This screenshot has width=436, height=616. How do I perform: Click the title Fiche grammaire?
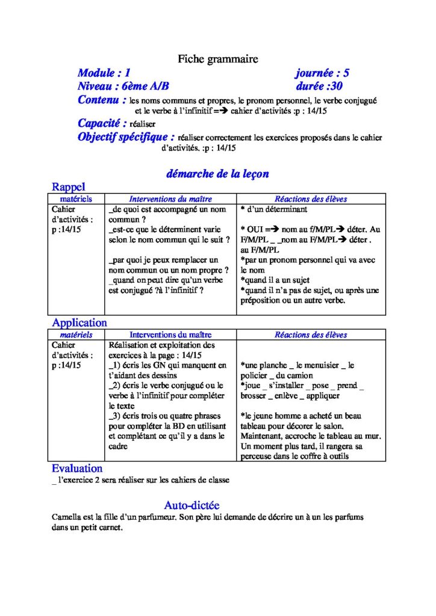point(217,59)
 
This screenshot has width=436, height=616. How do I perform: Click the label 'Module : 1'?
point(104,73)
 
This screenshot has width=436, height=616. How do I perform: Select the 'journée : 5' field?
point(322,73)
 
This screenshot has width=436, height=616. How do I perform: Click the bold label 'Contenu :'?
point(102,100)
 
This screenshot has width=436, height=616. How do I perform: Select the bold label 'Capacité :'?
point(102,123)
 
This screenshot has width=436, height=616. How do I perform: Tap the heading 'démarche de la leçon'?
point(217,174)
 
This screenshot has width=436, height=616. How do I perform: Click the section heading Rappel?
point(69,187)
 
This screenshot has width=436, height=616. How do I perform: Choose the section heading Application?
point(79,322)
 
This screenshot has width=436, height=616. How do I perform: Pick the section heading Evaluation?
point(77,468)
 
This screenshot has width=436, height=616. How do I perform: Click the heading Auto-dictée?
point(192,505)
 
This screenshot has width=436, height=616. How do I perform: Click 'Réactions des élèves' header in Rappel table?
point(311,199)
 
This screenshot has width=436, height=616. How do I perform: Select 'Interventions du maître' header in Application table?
point(170,334)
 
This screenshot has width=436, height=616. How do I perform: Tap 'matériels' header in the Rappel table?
point(76,199)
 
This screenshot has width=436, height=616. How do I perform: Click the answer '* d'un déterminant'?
point(273,209)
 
